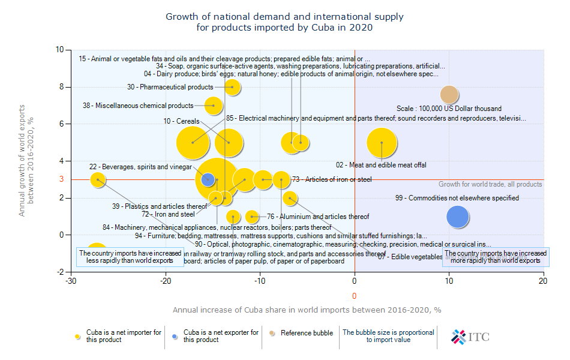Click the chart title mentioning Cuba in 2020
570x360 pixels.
284,22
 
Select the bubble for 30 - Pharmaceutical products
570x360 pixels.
233,87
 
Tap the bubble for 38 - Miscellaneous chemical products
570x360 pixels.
213,106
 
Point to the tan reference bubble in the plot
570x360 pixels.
449,95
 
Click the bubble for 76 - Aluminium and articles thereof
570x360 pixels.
252,217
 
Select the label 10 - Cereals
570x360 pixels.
181,121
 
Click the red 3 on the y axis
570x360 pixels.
61,179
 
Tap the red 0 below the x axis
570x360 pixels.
355,296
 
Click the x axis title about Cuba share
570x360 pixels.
307,310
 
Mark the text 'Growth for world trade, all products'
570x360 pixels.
490,184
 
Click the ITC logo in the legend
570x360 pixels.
470,337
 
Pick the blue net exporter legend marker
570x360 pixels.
175,337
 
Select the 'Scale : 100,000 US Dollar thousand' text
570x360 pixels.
449,109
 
